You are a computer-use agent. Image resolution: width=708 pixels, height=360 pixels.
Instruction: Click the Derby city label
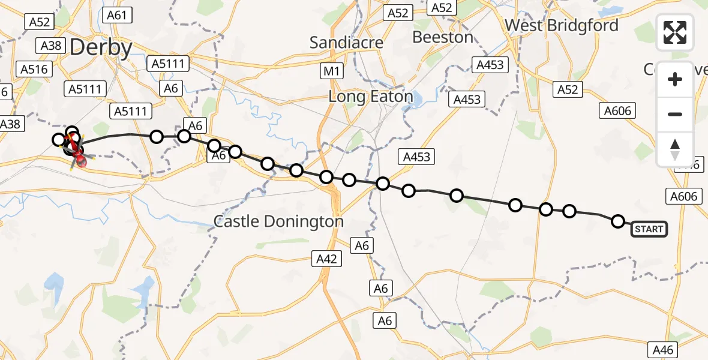pyautogui.click(x=101, y=47)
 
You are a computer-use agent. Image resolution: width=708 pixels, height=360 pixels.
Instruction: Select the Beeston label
pyautogui.click(x=443, y=37)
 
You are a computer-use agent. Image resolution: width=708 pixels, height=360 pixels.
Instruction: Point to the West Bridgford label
pyautogui.click(x=561, y=26)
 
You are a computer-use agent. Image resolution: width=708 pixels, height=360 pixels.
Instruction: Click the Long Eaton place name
pyautogui.click(x=371, y=96)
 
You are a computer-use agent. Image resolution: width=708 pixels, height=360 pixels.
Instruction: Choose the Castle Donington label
pyautogui.click(x=278, y=221)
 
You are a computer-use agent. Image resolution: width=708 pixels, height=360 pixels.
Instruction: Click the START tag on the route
pyautogui.click(x=649, y=229)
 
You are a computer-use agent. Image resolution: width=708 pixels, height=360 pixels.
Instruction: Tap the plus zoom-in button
pyautogui.click(x=675, y=79)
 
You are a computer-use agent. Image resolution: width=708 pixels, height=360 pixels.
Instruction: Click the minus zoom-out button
pyautogui.click(x=675, y=114)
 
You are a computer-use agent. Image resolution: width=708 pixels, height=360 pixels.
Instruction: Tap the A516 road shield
pyautogui.click(x=34, y=69)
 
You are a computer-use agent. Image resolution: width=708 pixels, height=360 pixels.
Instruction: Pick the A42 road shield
pyautogui.click(x=327, y=259)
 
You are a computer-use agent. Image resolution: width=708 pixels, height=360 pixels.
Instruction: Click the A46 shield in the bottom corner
pyautogui.click(x=664, y=349)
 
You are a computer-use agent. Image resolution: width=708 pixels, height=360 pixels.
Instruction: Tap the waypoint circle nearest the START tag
pyautogui.click(x=617, y=221)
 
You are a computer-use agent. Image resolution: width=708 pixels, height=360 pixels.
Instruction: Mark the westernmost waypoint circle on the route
pyautogui.click(x=58, y=140)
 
